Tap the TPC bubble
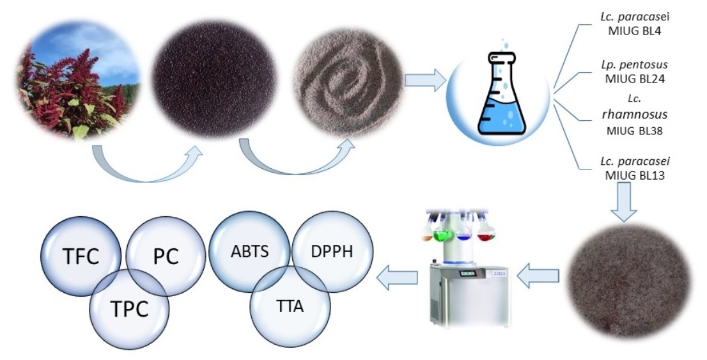[x=130, y=308]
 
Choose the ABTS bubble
[x=250, y=250]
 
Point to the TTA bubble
[x=290, y=307]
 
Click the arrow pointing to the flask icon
[x=425, y=81]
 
